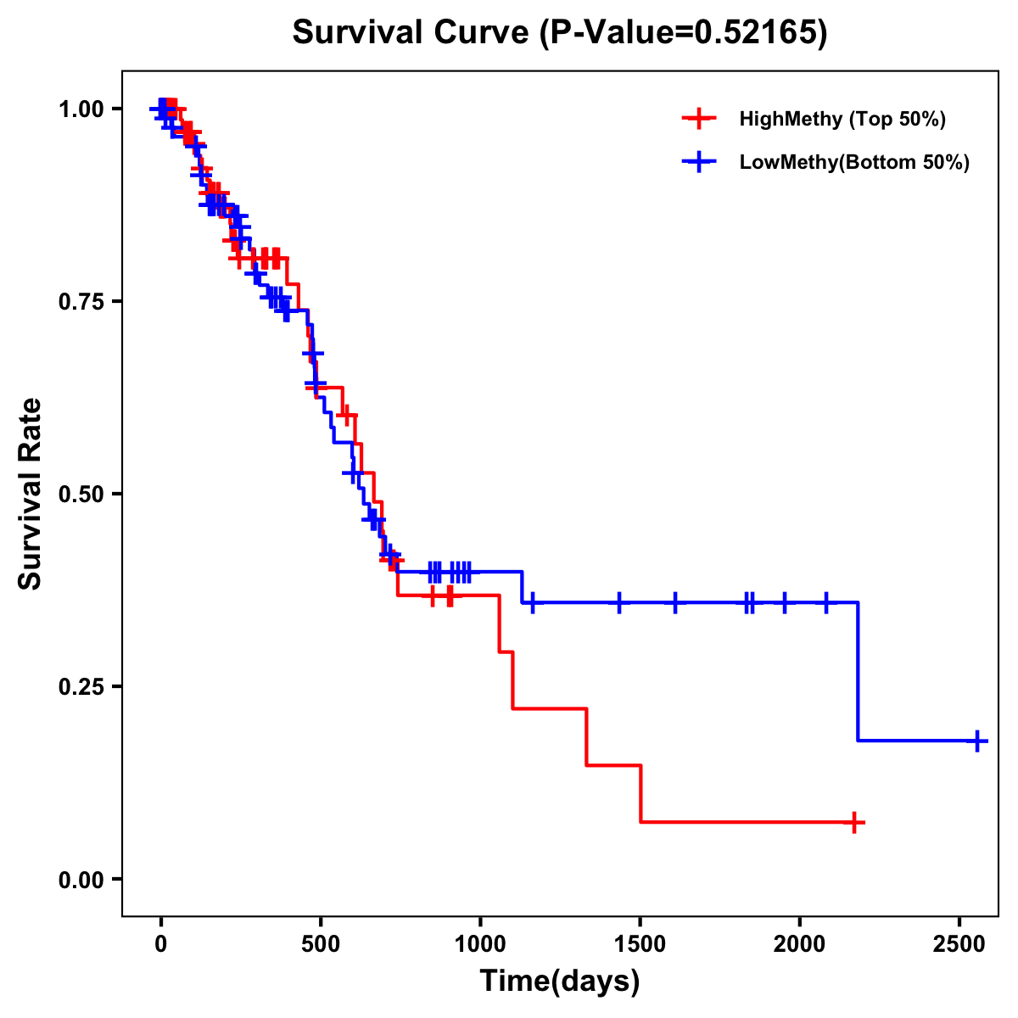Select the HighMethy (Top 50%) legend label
(842, 119)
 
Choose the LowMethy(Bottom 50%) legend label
(853, 162)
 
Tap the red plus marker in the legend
(697, 119)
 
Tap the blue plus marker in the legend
(697, 162)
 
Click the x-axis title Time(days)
(560, 982)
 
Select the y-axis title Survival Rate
(31, 494)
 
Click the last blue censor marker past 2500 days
(977, 741)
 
